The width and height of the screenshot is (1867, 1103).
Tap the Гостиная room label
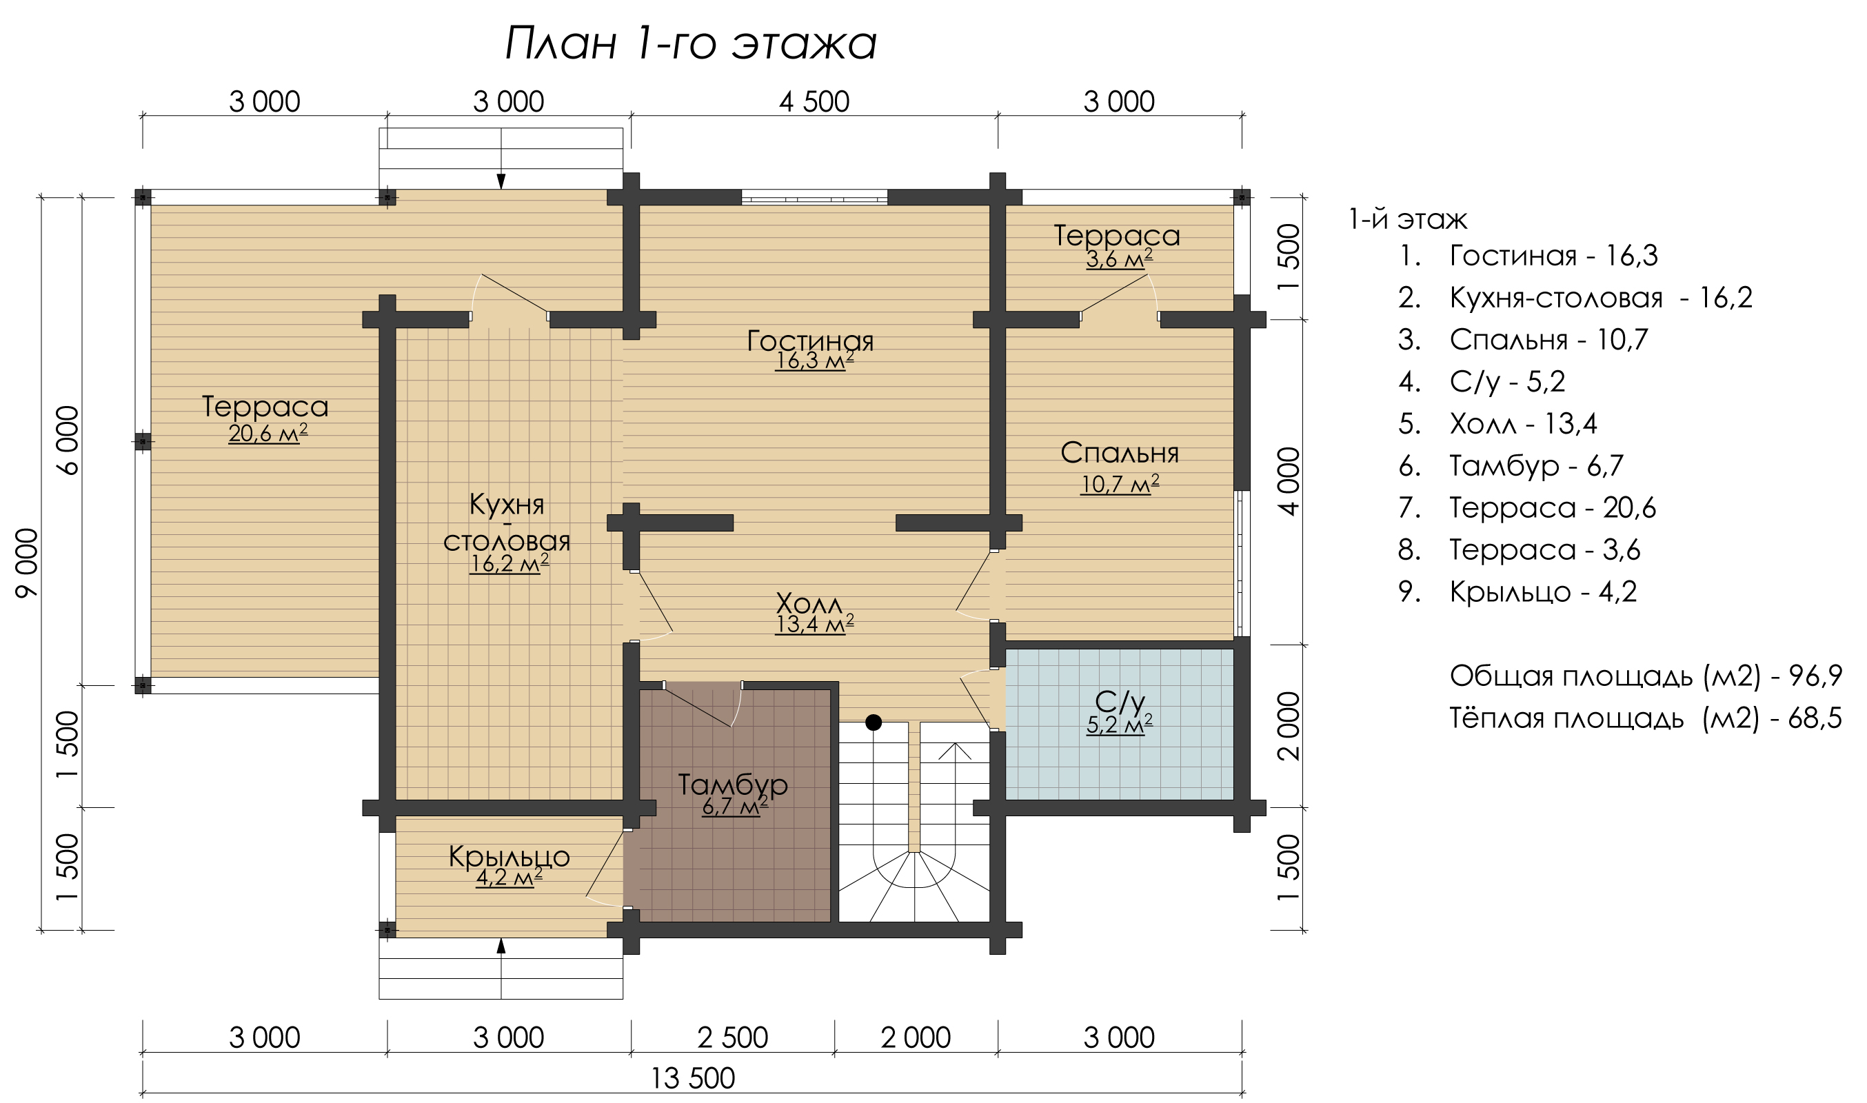[x=810, y=341]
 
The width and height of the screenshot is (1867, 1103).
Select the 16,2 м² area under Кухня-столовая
[x=509, y=563]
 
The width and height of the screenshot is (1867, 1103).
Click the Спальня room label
[x=1120, y=453]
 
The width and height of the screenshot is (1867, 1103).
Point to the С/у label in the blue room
[x=1120, y=701]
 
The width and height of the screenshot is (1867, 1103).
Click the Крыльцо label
[x=509, y=857]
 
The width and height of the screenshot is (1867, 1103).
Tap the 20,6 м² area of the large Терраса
[x=268, y=432]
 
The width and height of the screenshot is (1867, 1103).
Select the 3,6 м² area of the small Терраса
[x=1120, y=259]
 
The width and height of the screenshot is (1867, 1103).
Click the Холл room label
[x=809, y=603]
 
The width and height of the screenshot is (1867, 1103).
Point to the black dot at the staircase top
[x=874, y=722]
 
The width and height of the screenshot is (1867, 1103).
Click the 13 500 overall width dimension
[x=693, y=1078]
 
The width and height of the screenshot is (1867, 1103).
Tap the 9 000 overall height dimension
[x=27, y=563]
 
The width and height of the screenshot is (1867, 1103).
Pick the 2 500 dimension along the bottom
[x=732, y=1038]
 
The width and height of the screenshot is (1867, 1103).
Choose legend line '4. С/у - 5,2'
[x=1482, y=382]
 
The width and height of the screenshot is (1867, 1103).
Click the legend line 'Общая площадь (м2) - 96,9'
[x=1646, y=676]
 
